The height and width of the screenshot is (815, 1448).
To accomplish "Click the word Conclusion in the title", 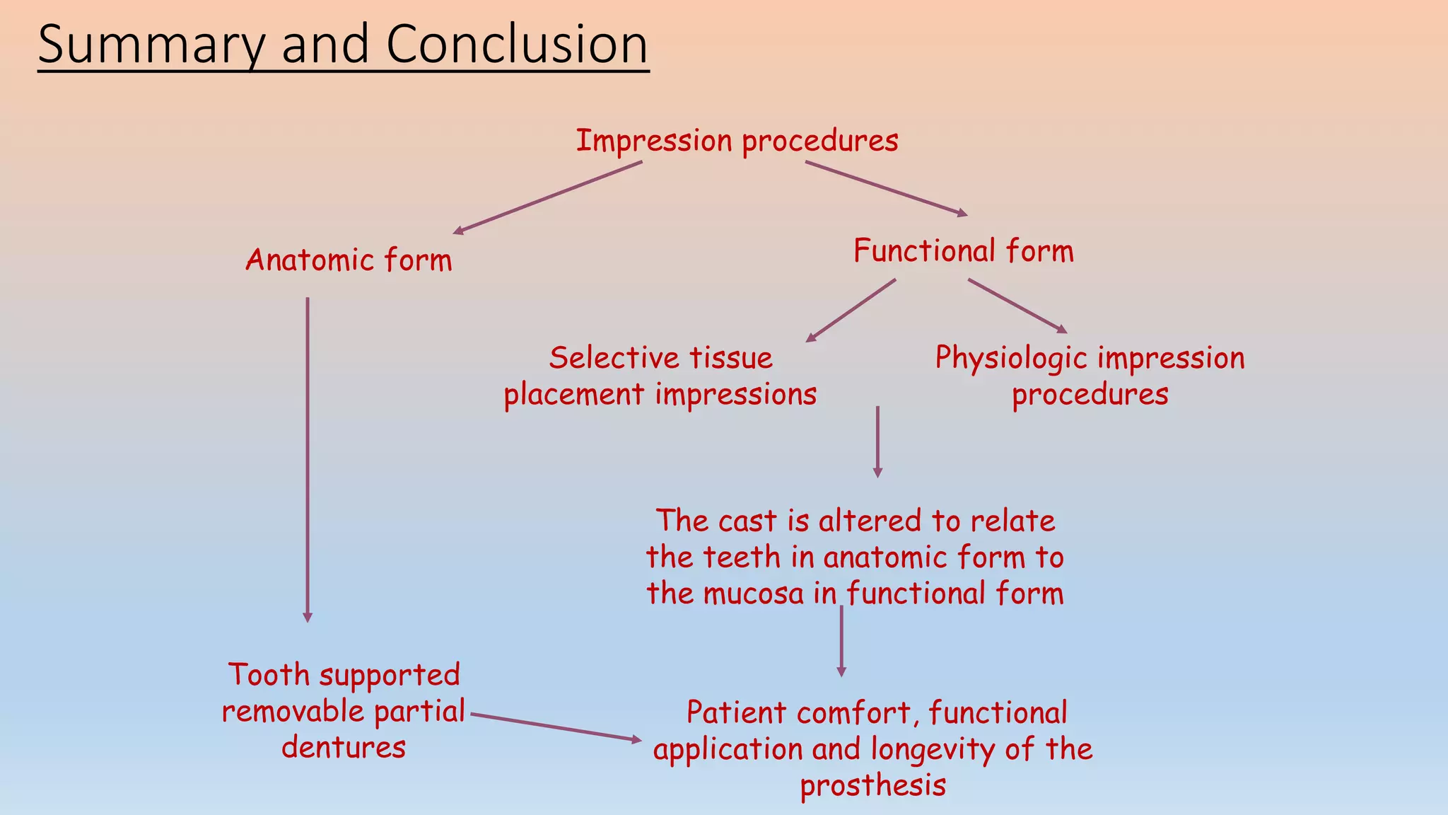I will pyautogui.click(x=516, y=44).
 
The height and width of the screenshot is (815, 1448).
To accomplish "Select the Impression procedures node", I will pyautogui.click(x=737, y=141).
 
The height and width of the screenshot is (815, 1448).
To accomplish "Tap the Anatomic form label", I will pyautogui.click(x=349, y=260).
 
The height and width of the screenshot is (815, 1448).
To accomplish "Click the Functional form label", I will pyautogui.click(x=963, y=251).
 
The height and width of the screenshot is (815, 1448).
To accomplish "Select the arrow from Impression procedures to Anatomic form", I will pyautogui.click(x=548, y=197).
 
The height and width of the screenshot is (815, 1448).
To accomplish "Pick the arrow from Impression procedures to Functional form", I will pyautogui.click(x=886, y=188).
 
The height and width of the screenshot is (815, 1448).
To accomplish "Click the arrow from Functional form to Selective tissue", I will pyautogui.click(x=851, y=310).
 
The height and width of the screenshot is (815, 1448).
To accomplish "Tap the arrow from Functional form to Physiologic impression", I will pyautogui.click(x=1017, y=306).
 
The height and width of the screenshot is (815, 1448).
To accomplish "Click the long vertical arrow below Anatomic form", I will pyautogui.click(x=308, y=460).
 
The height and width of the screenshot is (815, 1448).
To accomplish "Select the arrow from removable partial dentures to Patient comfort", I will pyautogui.click(x=556, y=727).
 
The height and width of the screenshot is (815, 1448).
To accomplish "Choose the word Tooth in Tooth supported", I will pyautogui.click(x=269, y=675).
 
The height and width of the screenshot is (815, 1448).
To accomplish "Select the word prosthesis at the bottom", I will pyautogui.click(x=872, y=786).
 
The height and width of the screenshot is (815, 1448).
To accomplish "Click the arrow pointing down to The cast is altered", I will pyautogui.click(x=877, y=441).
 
